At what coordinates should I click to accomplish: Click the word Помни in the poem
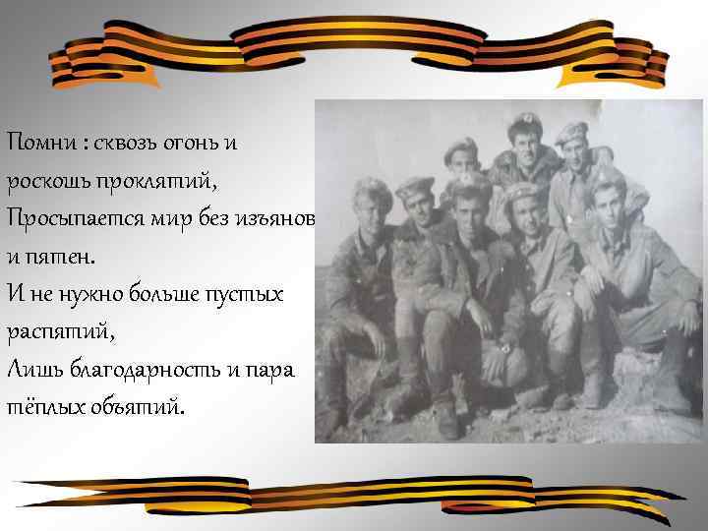pos(42,142)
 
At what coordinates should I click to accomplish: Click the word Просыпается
pos(68,216)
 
